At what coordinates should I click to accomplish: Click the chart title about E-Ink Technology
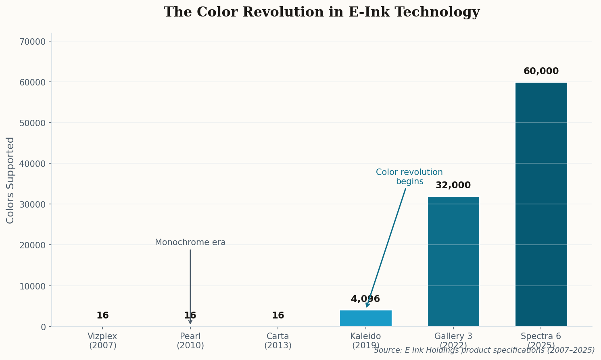click(321, 12)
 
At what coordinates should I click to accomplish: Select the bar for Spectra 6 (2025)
click(541, 204)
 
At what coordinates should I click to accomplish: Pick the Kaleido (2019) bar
click(365, 318)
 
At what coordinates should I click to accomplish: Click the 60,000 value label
click(541, 71)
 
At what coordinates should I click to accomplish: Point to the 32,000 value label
click(453, 185)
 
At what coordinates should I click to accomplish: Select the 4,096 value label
click(365, 299)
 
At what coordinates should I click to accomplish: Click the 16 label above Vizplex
click(102, 316)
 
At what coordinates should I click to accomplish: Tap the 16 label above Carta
click(278, 316)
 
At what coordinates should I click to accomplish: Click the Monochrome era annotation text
click(190, 243)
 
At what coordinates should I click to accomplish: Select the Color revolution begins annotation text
click(409, 177)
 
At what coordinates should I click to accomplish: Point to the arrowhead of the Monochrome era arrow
click(190, 322)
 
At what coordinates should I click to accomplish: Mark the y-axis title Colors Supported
click(10, 180)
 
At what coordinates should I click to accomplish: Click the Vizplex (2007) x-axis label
click(102, 341)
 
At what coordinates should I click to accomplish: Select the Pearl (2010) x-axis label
click(190, 341)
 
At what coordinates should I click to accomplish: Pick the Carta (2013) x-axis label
click(278, 341)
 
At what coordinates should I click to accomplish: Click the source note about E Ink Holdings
click(484, 350)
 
